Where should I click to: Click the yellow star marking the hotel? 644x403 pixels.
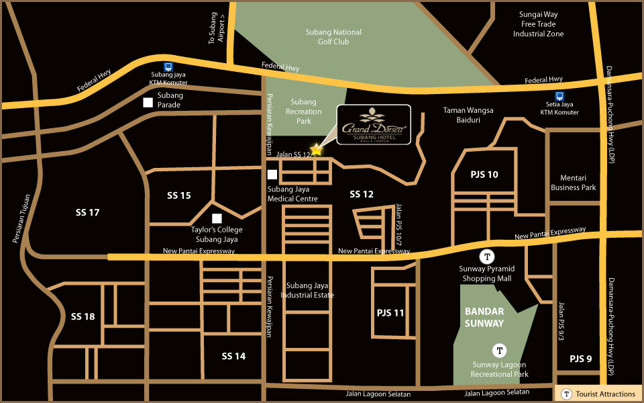[x=317, y=150]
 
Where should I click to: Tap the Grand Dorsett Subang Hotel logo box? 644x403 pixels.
[x=374, y=125]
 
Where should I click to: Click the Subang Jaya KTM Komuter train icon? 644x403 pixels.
[x=168, y=67]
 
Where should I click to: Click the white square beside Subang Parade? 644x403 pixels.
[x=148, y=102]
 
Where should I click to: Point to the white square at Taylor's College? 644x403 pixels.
[x=217, y=218]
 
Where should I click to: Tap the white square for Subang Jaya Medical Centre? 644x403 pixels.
[x=272, y=175]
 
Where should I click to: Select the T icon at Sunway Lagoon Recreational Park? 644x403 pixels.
[x=499, y=349]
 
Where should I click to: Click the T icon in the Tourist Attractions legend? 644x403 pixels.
[x=567, y=394]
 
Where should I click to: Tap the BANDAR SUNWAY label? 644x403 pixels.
[x=484, y=317]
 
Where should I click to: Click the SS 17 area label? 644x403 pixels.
[x=87, y=212]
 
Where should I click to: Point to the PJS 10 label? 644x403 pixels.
[x=484, y=175]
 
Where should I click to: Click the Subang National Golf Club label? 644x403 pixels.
[x=333, y=37]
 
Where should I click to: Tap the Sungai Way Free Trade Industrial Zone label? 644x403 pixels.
[x=538, y=24]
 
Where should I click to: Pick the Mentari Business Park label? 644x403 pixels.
[x=573, y=183]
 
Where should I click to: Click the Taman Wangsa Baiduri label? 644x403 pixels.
[x=468, y=115]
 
